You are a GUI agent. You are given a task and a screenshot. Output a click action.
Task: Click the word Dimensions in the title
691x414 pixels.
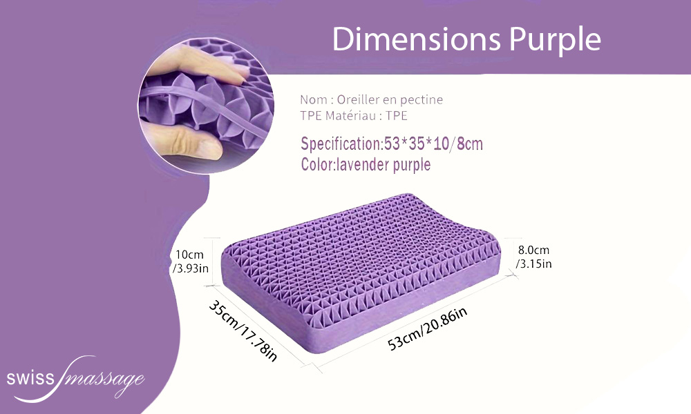point(417,39)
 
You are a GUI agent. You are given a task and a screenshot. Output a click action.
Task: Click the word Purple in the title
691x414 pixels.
point(556,41)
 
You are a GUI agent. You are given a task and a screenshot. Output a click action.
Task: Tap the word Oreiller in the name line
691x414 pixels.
point(358,99)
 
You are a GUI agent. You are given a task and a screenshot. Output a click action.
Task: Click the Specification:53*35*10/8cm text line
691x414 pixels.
point(392,144)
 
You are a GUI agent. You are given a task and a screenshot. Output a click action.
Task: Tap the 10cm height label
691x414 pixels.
point(189,255)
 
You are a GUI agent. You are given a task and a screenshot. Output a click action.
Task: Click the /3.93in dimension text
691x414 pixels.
point(191,268)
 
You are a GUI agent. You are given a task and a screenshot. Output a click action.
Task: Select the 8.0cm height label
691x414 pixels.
point(533,250)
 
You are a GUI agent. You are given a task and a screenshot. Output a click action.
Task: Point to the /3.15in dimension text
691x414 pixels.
point(533,264)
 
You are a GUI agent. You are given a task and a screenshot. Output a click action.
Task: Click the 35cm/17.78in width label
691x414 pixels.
point(243,331)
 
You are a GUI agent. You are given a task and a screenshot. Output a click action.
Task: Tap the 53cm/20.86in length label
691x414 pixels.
point(427,328)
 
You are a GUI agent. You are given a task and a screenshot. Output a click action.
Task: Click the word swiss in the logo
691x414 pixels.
point(30,378)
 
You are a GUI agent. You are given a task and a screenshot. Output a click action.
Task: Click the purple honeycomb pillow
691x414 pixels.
point(361,273)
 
